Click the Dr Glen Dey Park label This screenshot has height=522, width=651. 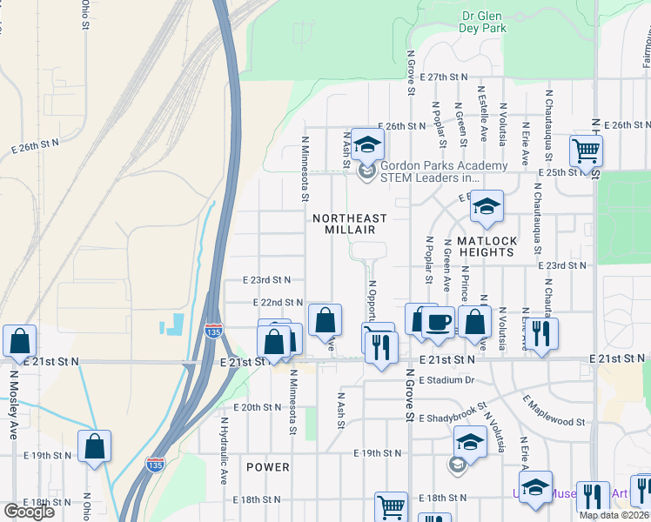483,22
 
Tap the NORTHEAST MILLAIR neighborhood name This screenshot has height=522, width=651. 344,224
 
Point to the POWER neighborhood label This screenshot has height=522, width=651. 267,467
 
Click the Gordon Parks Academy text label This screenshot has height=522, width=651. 443,166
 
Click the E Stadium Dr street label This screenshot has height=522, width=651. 446,380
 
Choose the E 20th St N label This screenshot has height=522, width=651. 258,407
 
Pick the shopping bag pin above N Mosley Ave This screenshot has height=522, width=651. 19,341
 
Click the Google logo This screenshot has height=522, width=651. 28,512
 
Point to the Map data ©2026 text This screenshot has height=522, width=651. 613,515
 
